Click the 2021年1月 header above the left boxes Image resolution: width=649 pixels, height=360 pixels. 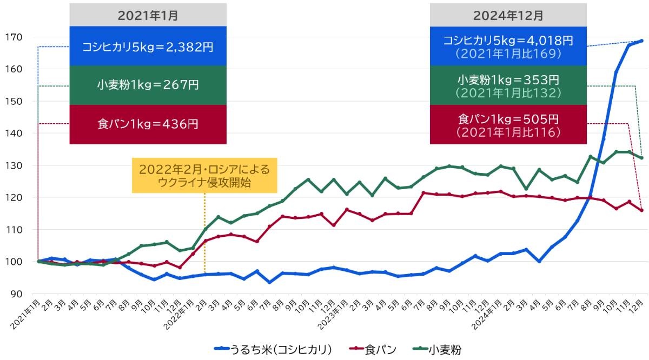(148, 15)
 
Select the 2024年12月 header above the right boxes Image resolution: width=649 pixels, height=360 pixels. (508, 15)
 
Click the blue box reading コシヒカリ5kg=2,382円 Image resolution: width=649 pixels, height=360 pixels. (148, 46)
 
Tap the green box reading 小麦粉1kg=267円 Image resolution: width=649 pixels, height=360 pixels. (148, 85)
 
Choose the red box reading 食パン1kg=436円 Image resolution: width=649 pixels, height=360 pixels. (148, 124)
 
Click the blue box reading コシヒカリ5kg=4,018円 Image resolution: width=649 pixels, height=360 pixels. (508, 46)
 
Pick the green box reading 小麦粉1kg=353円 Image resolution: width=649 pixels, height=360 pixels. (508, 85)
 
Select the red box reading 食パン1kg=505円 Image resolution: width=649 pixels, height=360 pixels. (508, 124)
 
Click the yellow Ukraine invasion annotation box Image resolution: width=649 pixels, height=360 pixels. (204, 175)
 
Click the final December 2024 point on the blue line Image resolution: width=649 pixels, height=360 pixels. (641, 41)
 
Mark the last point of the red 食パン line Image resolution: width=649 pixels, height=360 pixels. (641, 210)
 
